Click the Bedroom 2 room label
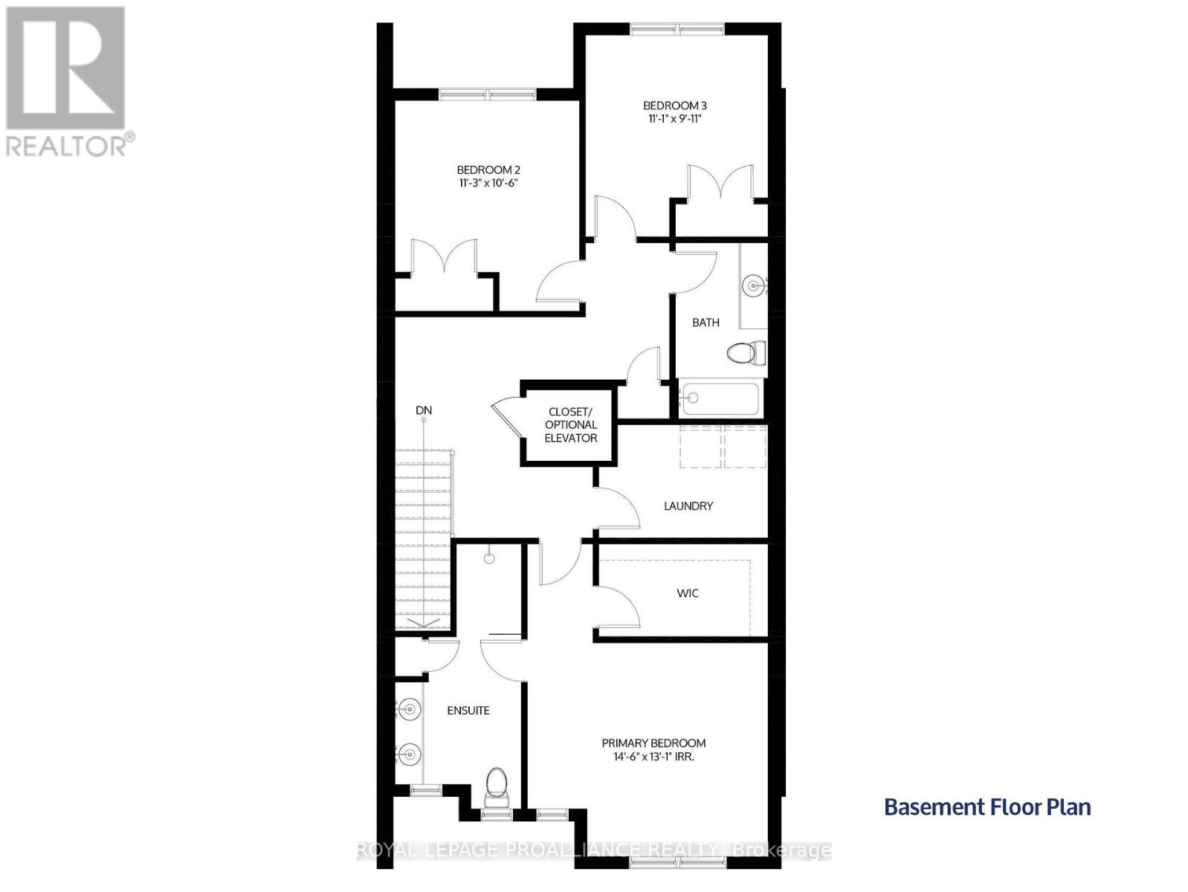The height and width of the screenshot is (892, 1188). (488, 169)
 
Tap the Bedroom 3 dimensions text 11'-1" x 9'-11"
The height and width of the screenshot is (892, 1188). (674, 119)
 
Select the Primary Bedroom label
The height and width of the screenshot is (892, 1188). (653, 743)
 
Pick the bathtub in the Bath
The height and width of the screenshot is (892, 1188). (720, 398)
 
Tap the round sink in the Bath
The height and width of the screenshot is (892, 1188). (753, 284)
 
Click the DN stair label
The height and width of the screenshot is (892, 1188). (423, 410)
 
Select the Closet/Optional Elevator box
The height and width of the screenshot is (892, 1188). (569, 424)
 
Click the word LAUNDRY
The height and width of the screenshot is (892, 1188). (688, 505)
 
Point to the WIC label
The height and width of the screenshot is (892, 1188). (688, 593)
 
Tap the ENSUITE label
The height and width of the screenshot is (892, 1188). (468, 711)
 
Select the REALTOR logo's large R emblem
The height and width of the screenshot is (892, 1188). (65, 68)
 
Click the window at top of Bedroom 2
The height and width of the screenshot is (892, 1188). (488, 94)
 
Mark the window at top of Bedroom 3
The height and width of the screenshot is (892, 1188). (677, 29)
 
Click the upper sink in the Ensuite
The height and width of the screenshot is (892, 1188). (409, 708)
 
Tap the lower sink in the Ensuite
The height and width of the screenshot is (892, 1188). (409, 753)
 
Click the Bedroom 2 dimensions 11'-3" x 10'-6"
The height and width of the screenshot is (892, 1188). (488, 183)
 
